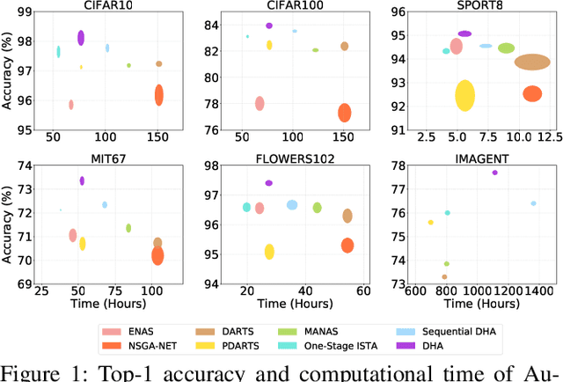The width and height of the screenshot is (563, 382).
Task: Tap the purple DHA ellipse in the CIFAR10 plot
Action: pos(81,37)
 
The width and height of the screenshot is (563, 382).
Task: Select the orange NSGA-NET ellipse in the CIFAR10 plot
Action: pos(159,95)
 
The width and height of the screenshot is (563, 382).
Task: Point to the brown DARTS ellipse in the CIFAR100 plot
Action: pos(345,46)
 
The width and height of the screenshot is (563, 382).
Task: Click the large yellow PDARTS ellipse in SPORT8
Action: pos(465,95)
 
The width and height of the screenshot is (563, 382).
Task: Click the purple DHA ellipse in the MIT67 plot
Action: pos(82,180)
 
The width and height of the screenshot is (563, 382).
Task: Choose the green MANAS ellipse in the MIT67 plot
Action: pos(128,228)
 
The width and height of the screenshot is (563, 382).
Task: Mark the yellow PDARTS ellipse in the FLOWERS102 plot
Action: pos(269,252)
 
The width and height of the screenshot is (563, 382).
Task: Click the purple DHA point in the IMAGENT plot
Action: pos(495,173)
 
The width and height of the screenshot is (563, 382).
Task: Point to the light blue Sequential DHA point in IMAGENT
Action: pos(533,203)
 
